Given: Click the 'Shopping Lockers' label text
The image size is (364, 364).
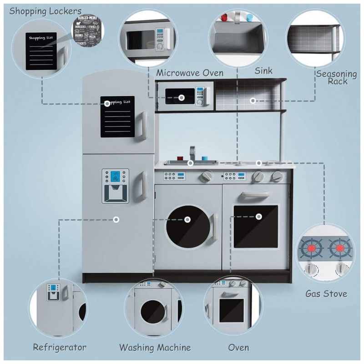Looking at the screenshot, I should click(x=45, y=10).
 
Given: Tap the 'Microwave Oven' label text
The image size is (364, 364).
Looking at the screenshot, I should click(x=190, y=73).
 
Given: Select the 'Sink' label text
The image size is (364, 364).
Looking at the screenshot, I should click(x=263, y=71).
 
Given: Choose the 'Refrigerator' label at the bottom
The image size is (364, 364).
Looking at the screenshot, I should click(x=60, y=348).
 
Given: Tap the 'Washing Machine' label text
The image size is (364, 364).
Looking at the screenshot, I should click(x=155, y=348).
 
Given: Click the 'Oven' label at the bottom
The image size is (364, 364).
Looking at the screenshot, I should click(x=238, y=348).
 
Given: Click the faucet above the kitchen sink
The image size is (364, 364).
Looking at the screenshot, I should click(x=192, y=153).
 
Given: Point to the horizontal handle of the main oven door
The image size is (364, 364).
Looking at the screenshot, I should click(x=256, y=195).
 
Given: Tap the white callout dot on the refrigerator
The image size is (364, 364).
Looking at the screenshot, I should click(x=116, y=219).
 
